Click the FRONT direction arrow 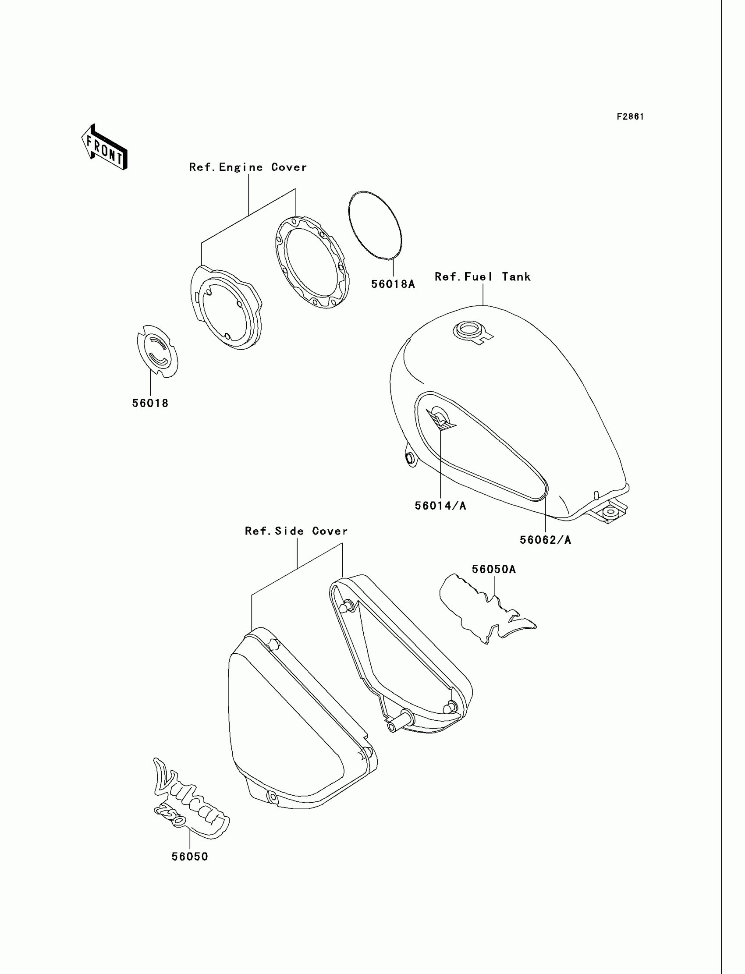(105, 148)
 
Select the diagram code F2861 (630, 117)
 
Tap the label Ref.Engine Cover (248, 167)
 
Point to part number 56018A (393, 284)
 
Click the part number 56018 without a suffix (150, 403)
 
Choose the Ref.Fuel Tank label (482, 276)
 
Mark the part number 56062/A (546, 539)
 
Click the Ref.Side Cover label (296, 531)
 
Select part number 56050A (493, 569)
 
